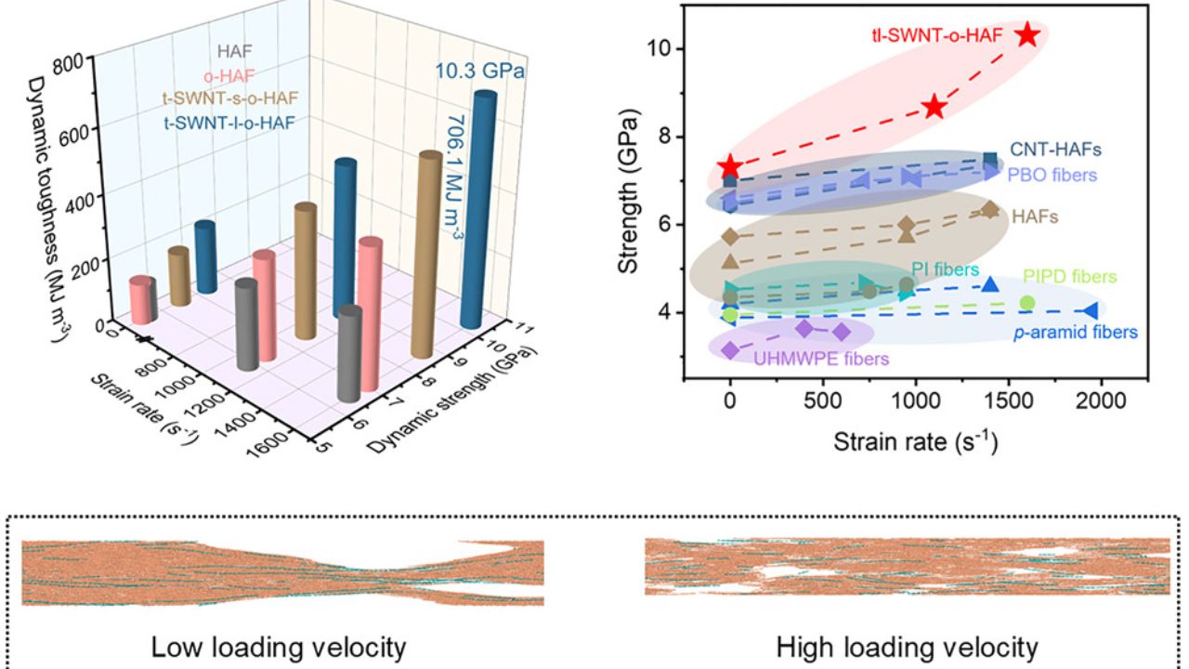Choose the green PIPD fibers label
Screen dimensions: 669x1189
click(1069, 277)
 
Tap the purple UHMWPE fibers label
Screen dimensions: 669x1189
click(821, 358)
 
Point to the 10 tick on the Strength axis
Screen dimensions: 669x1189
click(657, 48)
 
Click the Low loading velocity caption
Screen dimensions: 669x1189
click(279, 647)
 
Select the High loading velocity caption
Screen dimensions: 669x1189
click(907, 647)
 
